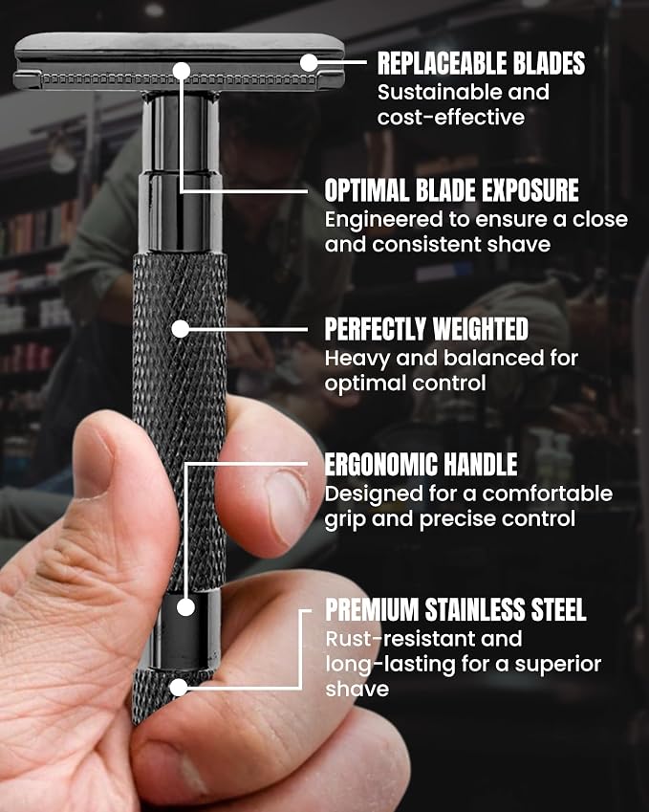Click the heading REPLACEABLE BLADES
[x=481, y=63]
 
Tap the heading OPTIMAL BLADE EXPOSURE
[x=451, y=190]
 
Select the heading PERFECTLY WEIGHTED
[x=426, y=329]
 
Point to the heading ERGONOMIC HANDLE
[x=421, y=464]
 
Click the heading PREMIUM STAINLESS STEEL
[x=455, y=609]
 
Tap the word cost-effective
[x=451, y=117]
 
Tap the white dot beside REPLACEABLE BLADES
[x=309, y=63]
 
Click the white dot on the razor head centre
[x=182, y=71]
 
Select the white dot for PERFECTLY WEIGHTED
[x=181, y=329]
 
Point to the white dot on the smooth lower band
[x=185, y=607]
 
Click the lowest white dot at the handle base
[x=179, y=688]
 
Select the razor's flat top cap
[x=179, y=43]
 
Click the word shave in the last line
[x=357, y=690]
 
